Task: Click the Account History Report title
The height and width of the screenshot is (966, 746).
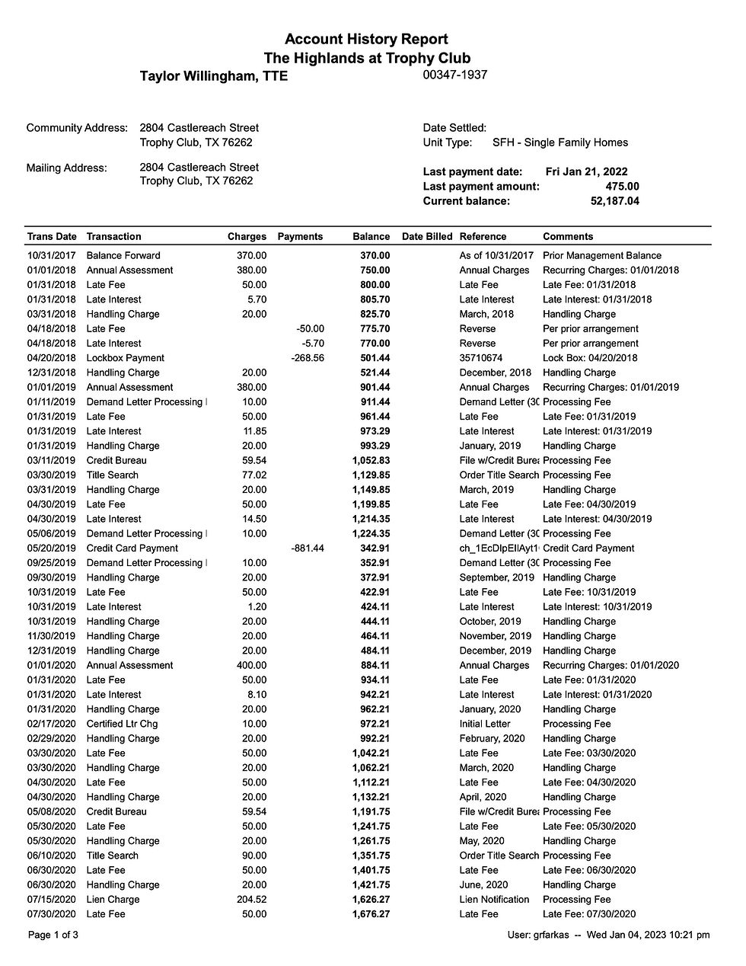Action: click(x=366, y=40)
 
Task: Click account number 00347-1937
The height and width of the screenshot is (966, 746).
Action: click(x=454, y=75)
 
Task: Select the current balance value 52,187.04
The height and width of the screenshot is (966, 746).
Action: click(x=614, y=201)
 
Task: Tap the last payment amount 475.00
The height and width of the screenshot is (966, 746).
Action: click(x=622, y=187)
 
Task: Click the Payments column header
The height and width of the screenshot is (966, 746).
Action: click(x=300, y=237)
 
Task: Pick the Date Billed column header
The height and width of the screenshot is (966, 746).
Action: click(x=426, y=237)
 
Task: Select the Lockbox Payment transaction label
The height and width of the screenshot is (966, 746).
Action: click(x=125, y=358)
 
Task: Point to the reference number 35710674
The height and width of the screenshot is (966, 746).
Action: click(x=482, y=358)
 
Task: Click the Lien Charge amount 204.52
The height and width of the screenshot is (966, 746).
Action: click(x=251, y=900)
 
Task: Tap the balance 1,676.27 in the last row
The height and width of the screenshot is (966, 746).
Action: click(x=371, y=914)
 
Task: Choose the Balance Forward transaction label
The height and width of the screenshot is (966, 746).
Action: click(x=123, y=256)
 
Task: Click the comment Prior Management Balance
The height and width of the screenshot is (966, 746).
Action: click(x=601, y=256)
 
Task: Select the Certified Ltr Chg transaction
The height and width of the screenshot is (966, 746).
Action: click(x=122, y=724)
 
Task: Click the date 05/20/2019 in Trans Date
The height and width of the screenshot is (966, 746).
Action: click(x=52, y=549)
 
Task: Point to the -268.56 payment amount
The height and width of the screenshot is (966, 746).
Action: click(x=307, y=358)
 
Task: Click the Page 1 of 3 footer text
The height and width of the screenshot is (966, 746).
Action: click(x=53, y=935)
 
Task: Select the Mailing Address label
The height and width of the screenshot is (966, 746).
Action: click(x=66, y=168)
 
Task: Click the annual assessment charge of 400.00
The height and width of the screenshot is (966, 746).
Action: click(x=251, y=666)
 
